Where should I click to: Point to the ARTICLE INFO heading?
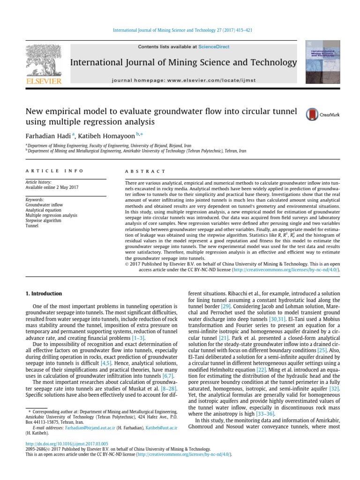pyautogui.click(x=55, y=172)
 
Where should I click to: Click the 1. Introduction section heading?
pyautogui.click(x=43, y=293)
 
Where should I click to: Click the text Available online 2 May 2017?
pyautogui.click(x=52, y=187)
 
